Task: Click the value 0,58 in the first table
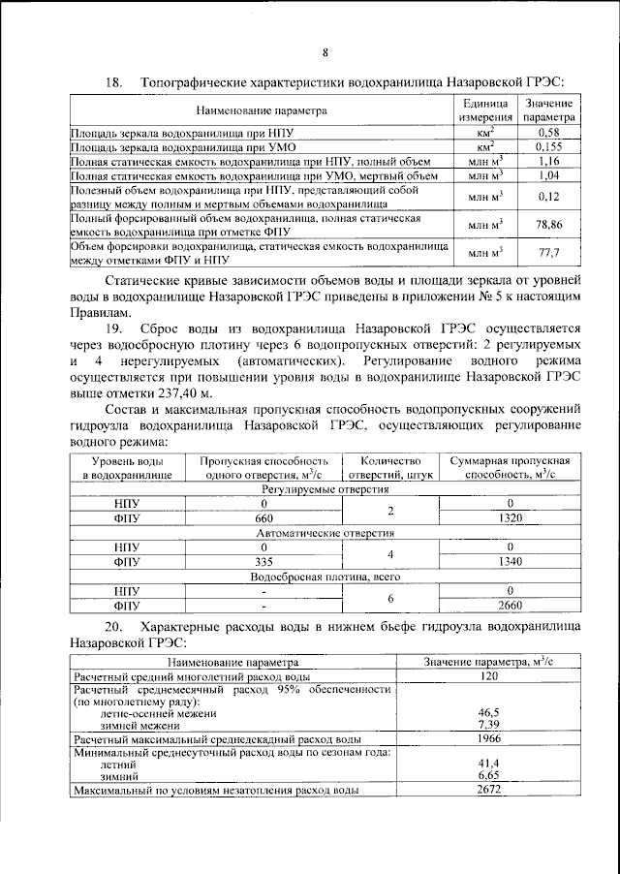(548, 131)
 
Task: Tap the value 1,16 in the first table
(548, 161)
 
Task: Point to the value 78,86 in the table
(548, 224)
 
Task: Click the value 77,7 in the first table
(548, 253)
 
